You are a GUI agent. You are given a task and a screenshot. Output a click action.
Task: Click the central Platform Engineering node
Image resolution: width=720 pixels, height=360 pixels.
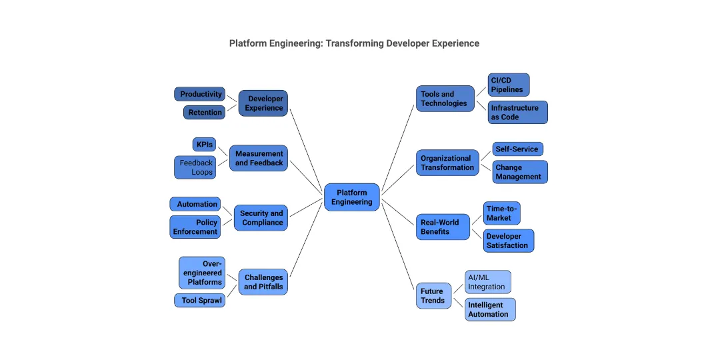pyautogui.click(x=351, y=197)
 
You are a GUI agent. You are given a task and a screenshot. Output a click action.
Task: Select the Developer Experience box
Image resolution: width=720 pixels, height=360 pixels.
pyautogui.click(x=263, y=103)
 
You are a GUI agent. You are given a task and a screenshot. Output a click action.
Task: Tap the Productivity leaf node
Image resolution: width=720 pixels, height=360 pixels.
pyautogui.click(x=200, y=94)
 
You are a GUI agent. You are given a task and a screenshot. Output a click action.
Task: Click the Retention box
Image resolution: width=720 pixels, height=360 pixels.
pyautogui.click(x=205, y=113)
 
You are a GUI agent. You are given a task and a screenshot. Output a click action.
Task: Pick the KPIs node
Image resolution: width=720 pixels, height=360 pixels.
pyautogui.click(x=204, y=144)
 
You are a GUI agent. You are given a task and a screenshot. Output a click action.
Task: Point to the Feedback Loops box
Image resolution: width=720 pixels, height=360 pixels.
pyautogui.click(x=195, y=167)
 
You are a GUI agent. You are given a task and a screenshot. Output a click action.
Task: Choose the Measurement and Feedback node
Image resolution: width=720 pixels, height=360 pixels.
pyautogui.click(x=259, y=158)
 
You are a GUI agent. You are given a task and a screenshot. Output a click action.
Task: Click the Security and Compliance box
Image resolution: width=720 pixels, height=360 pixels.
pyautogui.click(x=261, y=218)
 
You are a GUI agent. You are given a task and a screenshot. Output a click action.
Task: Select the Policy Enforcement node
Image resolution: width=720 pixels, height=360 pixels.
pyautogui.click(x=195, y=227)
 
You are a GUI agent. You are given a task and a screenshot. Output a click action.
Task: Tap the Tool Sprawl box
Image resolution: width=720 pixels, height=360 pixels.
pyautogui.click(x=199, y=301)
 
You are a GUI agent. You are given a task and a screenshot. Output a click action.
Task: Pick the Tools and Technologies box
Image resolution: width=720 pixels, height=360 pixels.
pyautogui.click(x=445, y=99)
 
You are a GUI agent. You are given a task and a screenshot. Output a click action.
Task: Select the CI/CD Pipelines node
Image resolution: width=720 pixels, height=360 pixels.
pyautogui.click(x=508, y=85)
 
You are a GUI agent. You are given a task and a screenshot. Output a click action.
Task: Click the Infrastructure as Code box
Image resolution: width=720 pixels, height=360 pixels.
pyautogui.click(x=517, y=112)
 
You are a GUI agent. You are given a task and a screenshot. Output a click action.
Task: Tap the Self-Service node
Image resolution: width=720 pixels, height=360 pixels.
pyautogui.click(x=517, y=149)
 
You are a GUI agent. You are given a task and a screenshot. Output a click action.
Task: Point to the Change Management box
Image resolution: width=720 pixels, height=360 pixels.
pyautogui.click(x=519, y=172)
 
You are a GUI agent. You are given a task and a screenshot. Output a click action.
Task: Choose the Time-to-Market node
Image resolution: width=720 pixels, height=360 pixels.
pyautogui.click(x=501, y=213)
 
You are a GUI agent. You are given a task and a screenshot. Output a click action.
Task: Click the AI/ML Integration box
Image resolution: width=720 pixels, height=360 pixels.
pyautogui.click(x=487, y=282)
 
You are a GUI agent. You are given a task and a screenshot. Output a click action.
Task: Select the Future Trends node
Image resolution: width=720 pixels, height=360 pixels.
pyautogui.click(x=433, y=296)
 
